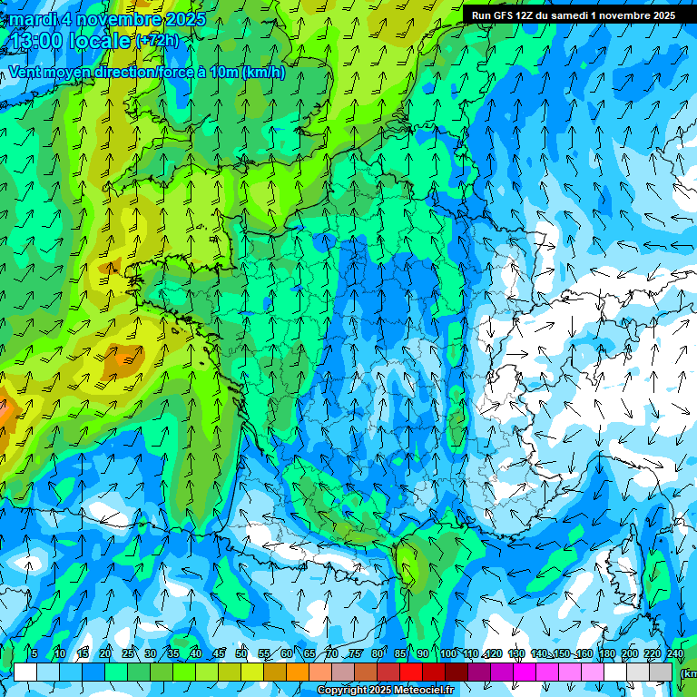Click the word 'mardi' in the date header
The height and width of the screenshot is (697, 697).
click(x=28, y=19)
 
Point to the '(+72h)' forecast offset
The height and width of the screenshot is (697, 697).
click(x=158, y=41)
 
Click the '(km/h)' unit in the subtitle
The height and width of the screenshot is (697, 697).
click(x=263, y=73)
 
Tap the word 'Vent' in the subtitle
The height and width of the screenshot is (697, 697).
click(x=25, y=73)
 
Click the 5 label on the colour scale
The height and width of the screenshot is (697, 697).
click(x=34, y=654)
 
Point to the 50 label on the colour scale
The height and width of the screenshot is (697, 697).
click(x=241, y=654)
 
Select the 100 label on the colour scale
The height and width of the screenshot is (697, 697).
click(x=447, y=654)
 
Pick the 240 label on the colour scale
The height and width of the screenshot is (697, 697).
click(x=675, y=654)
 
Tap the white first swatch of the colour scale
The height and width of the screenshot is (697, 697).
click(x=25, y=672)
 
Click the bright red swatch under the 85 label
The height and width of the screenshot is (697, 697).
click(x=411, y=672)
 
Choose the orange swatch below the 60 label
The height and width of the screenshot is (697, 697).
click(x=298, y=672)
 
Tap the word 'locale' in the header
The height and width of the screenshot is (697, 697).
click(x=100, y=42)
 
